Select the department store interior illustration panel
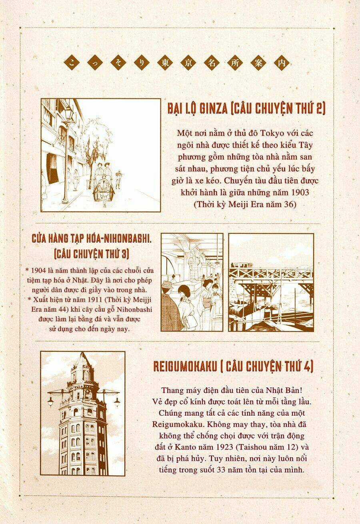click(192, 282)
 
